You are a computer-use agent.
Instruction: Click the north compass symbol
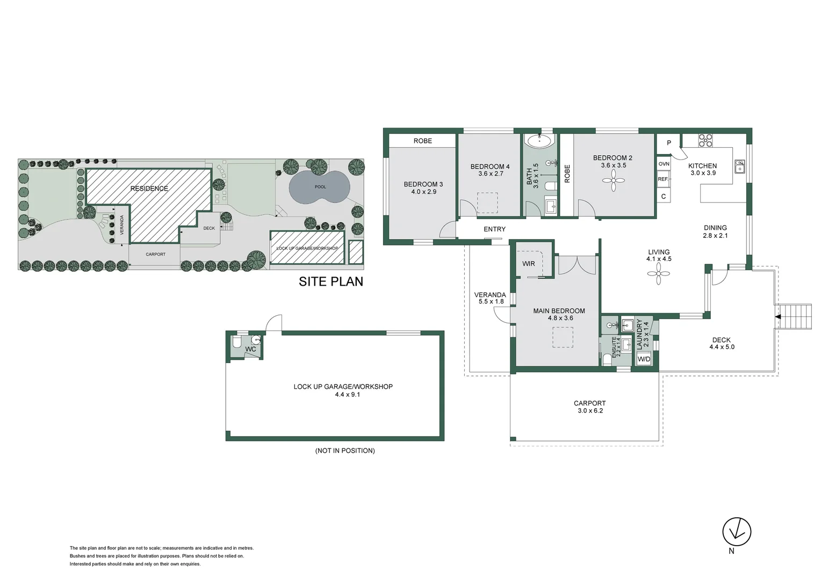tap(736, 532)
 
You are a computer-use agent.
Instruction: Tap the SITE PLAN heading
tap(330, 281)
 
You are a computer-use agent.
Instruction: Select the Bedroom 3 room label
tap(423, 187)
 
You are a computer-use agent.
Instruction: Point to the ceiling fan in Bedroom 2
tap(613, 180)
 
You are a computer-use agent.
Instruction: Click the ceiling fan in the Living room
tap(659, 274)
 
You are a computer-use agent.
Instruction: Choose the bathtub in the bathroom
tap(539, 142)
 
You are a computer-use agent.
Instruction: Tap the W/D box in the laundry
tap(644, 359)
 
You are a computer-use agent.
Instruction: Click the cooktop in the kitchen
tap(705, 141)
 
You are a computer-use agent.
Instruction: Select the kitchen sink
tap(740, 166)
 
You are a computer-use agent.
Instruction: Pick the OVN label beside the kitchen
tap(664, 164)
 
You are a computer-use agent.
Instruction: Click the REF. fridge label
tap(663, 179)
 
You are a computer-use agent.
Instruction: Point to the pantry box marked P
tap(669, 143)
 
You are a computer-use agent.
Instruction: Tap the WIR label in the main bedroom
tap(529, 264)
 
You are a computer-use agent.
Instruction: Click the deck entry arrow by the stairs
tap(777, 317)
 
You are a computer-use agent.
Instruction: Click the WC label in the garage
tap(250, 349)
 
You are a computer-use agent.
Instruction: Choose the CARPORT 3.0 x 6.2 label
tap(589, 407)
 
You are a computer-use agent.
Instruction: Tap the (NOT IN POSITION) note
tap(345, 451)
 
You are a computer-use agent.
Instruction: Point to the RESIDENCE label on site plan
tap(149, 189)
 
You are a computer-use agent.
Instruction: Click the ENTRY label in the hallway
tap(494, 229)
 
